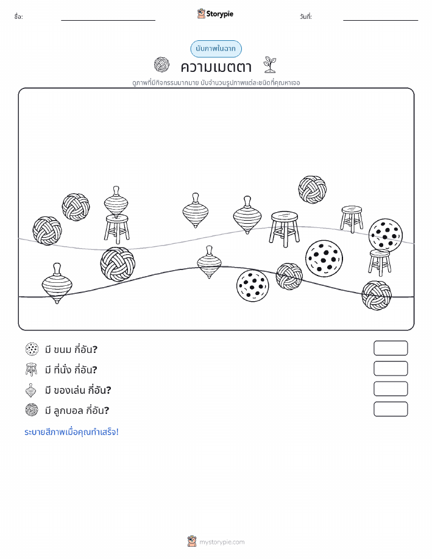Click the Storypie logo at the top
click(215, 14)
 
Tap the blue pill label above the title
click(216, 49)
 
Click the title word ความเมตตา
click(216, 66)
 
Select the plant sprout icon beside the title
click(270, 65)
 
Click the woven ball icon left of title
click(161, 65)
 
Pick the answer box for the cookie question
click(391, 348)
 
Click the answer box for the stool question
click(391, 369)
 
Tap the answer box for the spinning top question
click(391, 389)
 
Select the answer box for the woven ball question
click(391, 409)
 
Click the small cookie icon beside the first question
click(32, 349)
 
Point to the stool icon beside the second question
click(31, 369)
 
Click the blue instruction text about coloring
click(71, 432)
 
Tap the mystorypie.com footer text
click(222, 543)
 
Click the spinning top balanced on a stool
click(116, 202)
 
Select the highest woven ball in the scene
click(312, 190)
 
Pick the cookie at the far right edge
click(385, 235)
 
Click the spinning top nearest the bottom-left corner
click(57, 283)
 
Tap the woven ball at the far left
click(47, 230)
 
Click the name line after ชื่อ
click(108, 20)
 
